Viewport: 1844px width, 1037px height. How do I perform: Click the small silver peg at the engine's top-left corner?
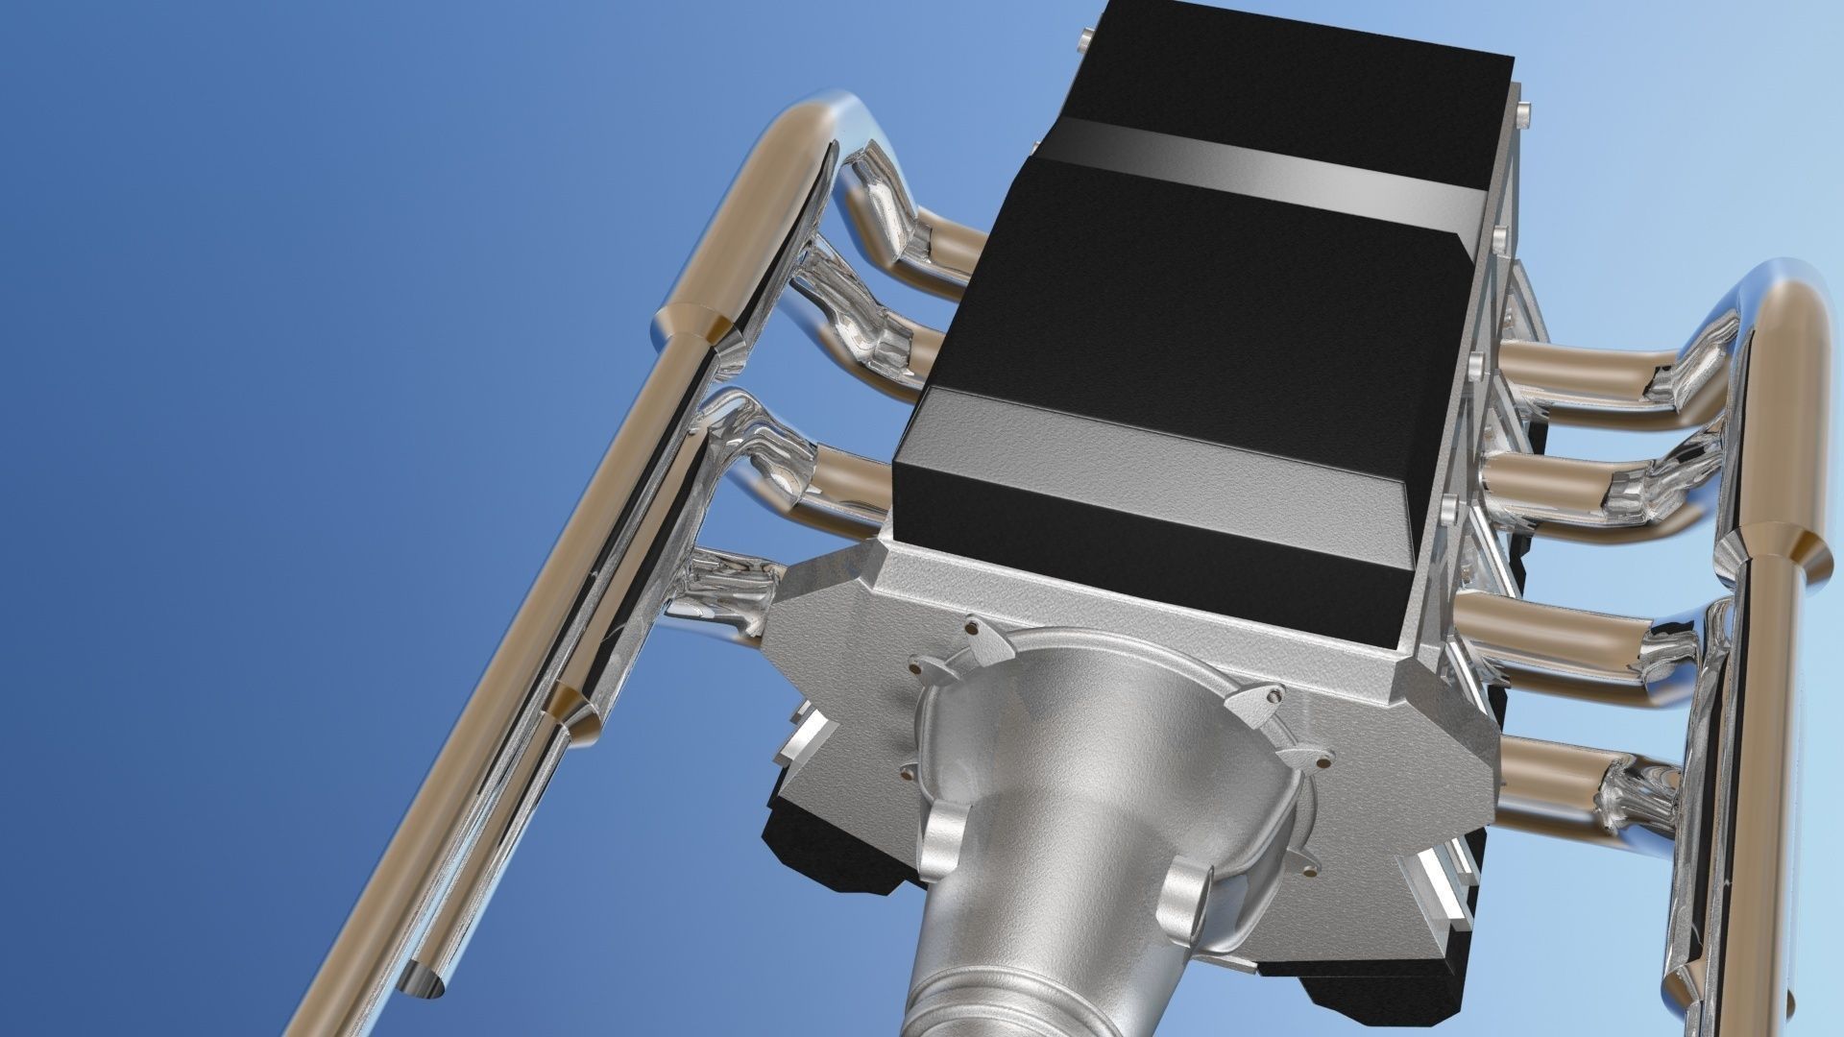[1084, 39]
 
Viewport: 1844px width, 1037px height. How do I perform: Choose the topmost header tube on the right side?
[1585, 366]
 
